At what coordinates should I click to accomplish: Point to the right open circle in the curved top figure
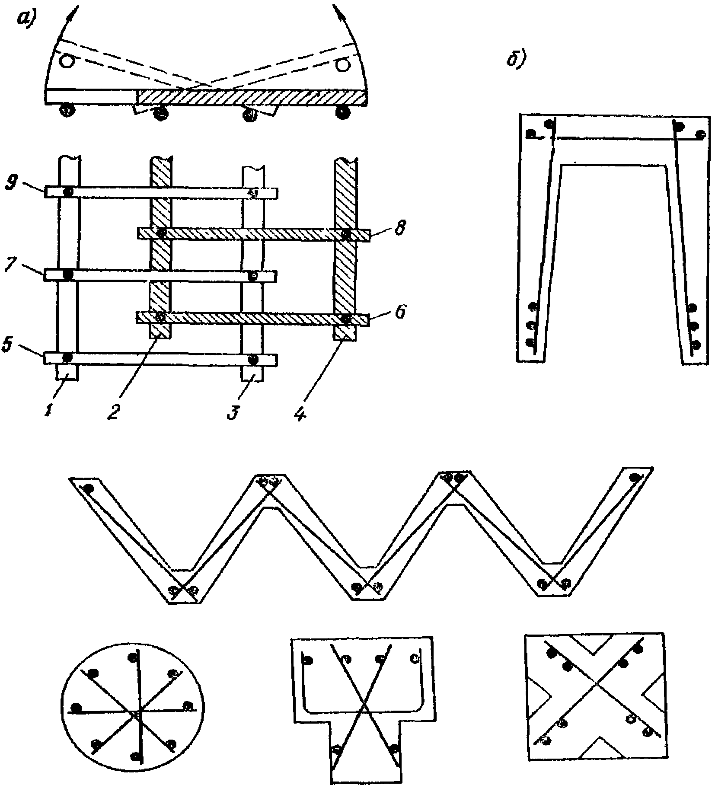click(x=342, y=64)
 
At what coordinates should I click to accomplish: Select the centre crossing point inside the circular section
click(x=137, y=714)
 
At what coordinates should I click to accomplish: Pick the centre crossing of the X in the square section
click(x=597, y=695)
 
